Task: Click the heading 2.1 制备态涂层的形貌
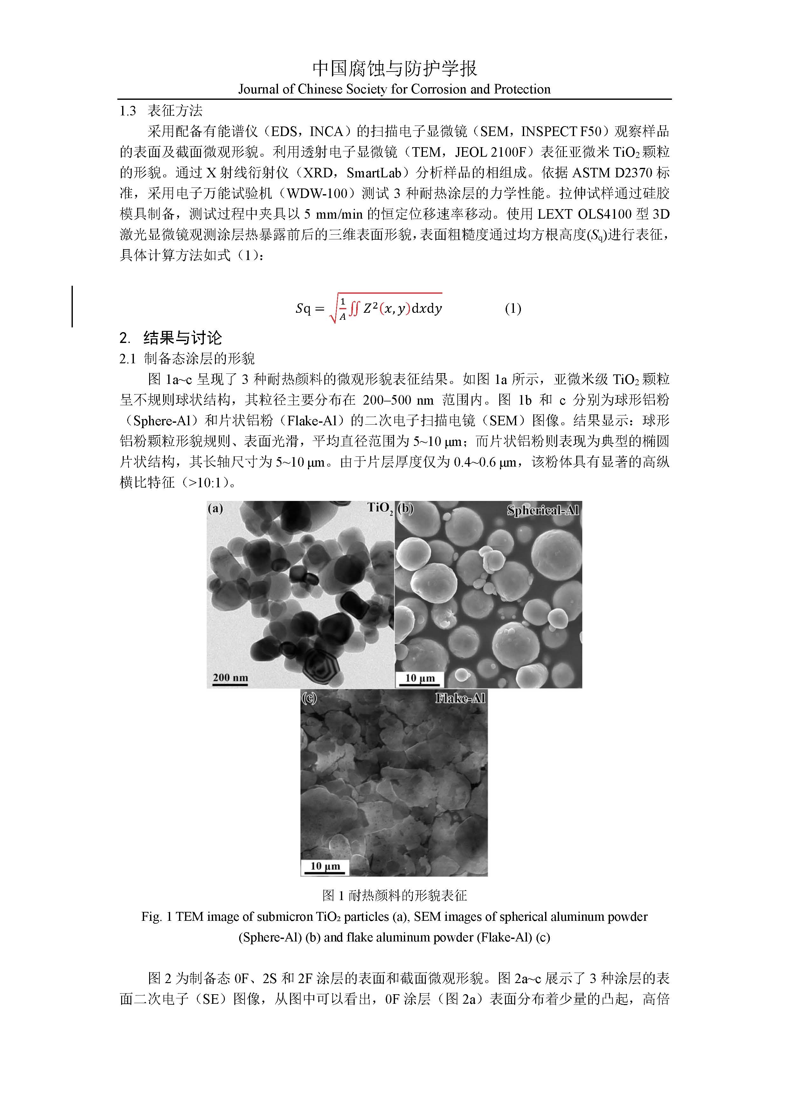187,359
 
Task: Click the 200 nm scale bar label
230,677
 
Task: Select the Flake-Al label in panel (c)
460,698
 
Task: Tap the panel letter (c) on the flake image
309,698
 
